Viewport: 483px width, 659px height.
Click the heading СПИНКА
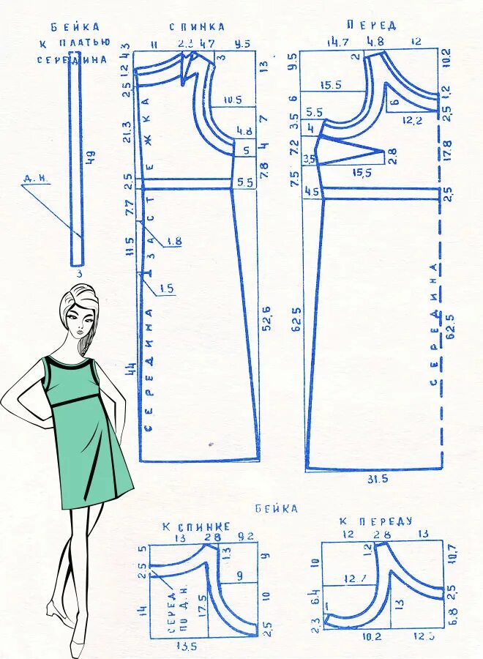point(197,26)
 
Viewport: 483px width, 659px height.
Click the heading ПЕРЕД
point(371,25)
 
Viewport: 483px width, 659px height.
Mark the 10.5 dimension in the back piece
point(232,100)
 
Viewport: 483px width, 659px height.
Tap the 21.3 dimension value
point(127,133)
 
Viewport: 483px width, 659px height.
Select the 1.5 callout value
point(166,288)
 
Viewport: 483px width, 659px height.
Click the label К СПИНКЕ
point(196,526)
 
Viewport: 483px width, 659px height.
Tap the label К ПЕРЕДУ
point(375,521)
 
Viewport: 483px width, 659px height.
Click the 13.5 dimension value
point(187,647)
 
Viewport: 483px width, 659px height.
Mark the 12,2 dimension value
point(413,120)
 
